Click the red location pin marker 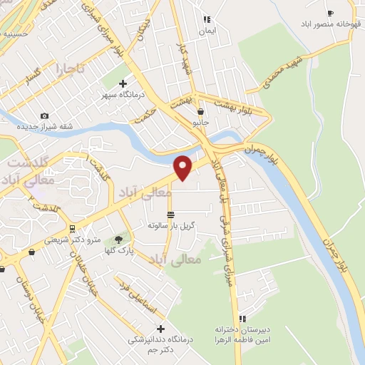184,167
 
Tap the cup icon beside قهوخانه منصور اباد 329,13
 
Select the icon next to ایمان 206,20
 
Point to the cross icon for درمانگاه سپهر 123,84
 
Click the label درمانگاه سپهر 121,95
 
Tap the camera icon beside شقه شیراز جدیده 45,116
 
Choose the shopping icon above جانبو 200,112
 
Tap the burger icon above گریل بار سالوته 170,215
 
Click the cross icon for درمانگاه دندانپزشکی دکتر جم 160,329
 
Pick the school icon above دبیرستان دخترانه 242,319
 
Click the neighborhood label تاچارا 71,70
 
